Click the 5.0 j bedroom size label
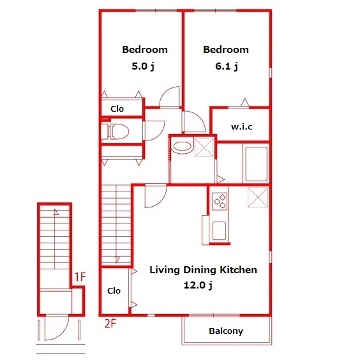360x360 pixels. coord(143,66)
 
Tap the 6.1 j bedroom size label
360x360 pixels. coord(227,66)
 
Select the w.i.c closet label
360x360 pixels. coord(242,127)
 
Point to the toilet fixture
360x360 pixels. coord(116,131)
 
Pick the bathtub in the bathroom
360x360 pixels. coord(257,164)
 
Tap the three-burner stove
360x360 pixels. coord(220,201)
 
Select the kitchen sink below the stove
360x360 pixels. coord(220,230)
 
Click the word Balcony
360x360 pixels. coord(226,331)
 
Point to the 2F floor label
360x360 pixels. coord(110,324)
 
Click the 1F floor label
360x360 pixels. coord(80,277)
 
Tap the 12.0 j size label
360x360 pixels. coord(198,285)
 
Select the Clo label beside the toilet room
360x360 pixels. coord(117,109)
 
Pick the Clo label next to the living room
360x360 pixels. coord(114,291)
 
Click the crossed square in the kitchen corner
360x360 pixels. coord(258,197)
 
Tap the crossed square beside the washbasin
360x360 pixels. coord(204,147)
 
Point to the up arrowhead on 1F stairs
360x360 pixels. coord(56,212)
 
